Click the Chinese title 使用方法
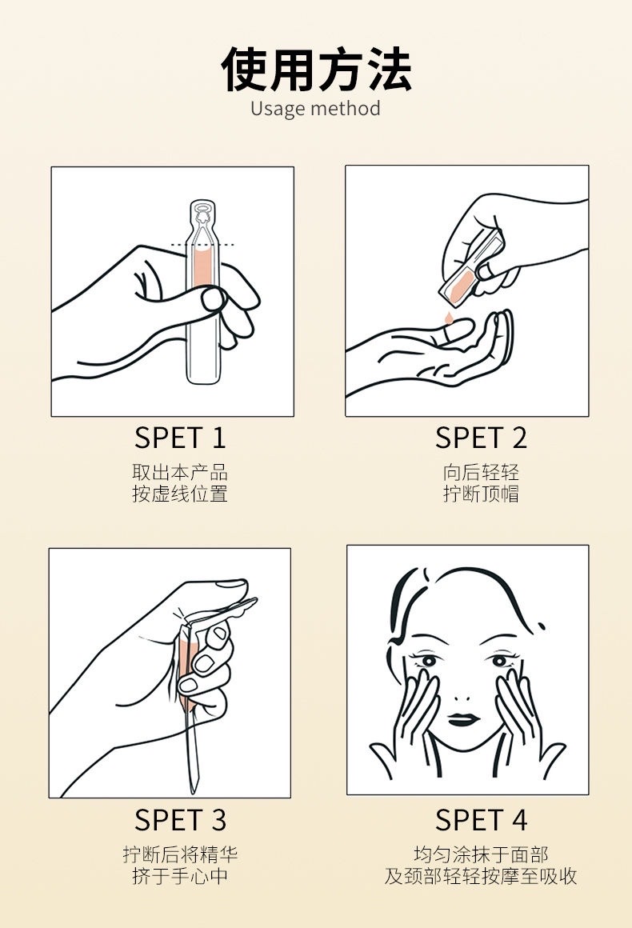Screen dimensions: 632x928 point(316,70)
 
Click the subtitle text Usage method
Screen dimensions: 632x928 point(315,109)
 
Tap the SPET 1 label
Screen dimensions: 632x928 point(180,438)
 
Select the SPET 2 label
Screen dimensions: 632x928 point(481,438)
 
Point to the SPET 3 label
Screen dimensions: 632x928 point(180,820)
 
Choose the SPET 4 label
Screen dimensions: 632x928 point(481,820)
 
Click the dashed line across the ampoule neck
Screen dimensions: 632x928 point(202,244)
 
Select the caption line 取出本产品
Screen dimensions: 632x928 point(180,472)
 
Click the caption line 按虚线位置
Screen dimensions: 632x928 point(180,494)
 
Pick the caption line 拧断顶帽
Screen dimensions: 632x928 point(481,494)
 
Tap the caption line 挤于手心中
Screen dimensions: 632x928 point(180,875)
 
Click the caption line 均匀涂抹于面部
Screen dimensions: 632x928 point(481,854)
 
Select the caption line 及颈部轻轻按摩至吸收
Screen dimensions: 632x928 point(481,875)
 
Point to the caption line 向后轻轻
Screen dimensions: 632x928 point(481,472)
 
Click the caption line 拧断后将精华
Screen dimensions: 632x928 point(180,854)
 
